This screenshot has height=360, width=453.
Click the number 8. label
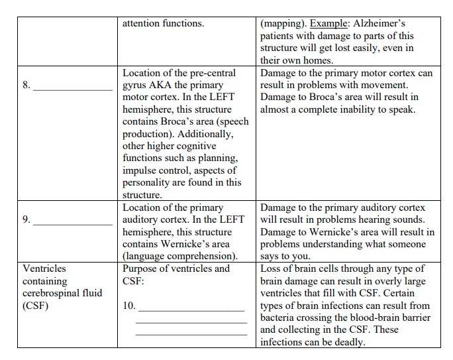click(26, 85)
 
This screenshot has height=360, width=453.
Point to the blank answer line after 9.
click(73, 221)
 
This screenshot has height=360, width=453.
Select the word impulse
click(140, 170)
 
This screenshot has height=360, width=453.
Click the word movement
click(388, 85)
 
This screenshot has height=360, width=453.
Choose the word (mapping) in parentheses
click(283, 23)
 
